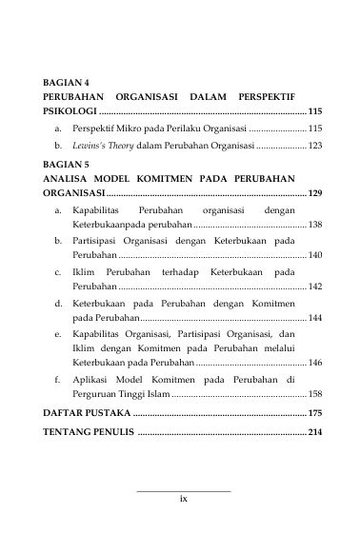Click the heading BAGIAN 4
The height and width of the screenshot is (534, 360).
click(67, 83)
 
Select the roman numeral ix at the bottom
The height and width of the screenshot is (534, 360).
click(184, 497)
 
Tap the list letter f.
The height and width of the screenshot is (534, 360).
click(58, 380)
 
